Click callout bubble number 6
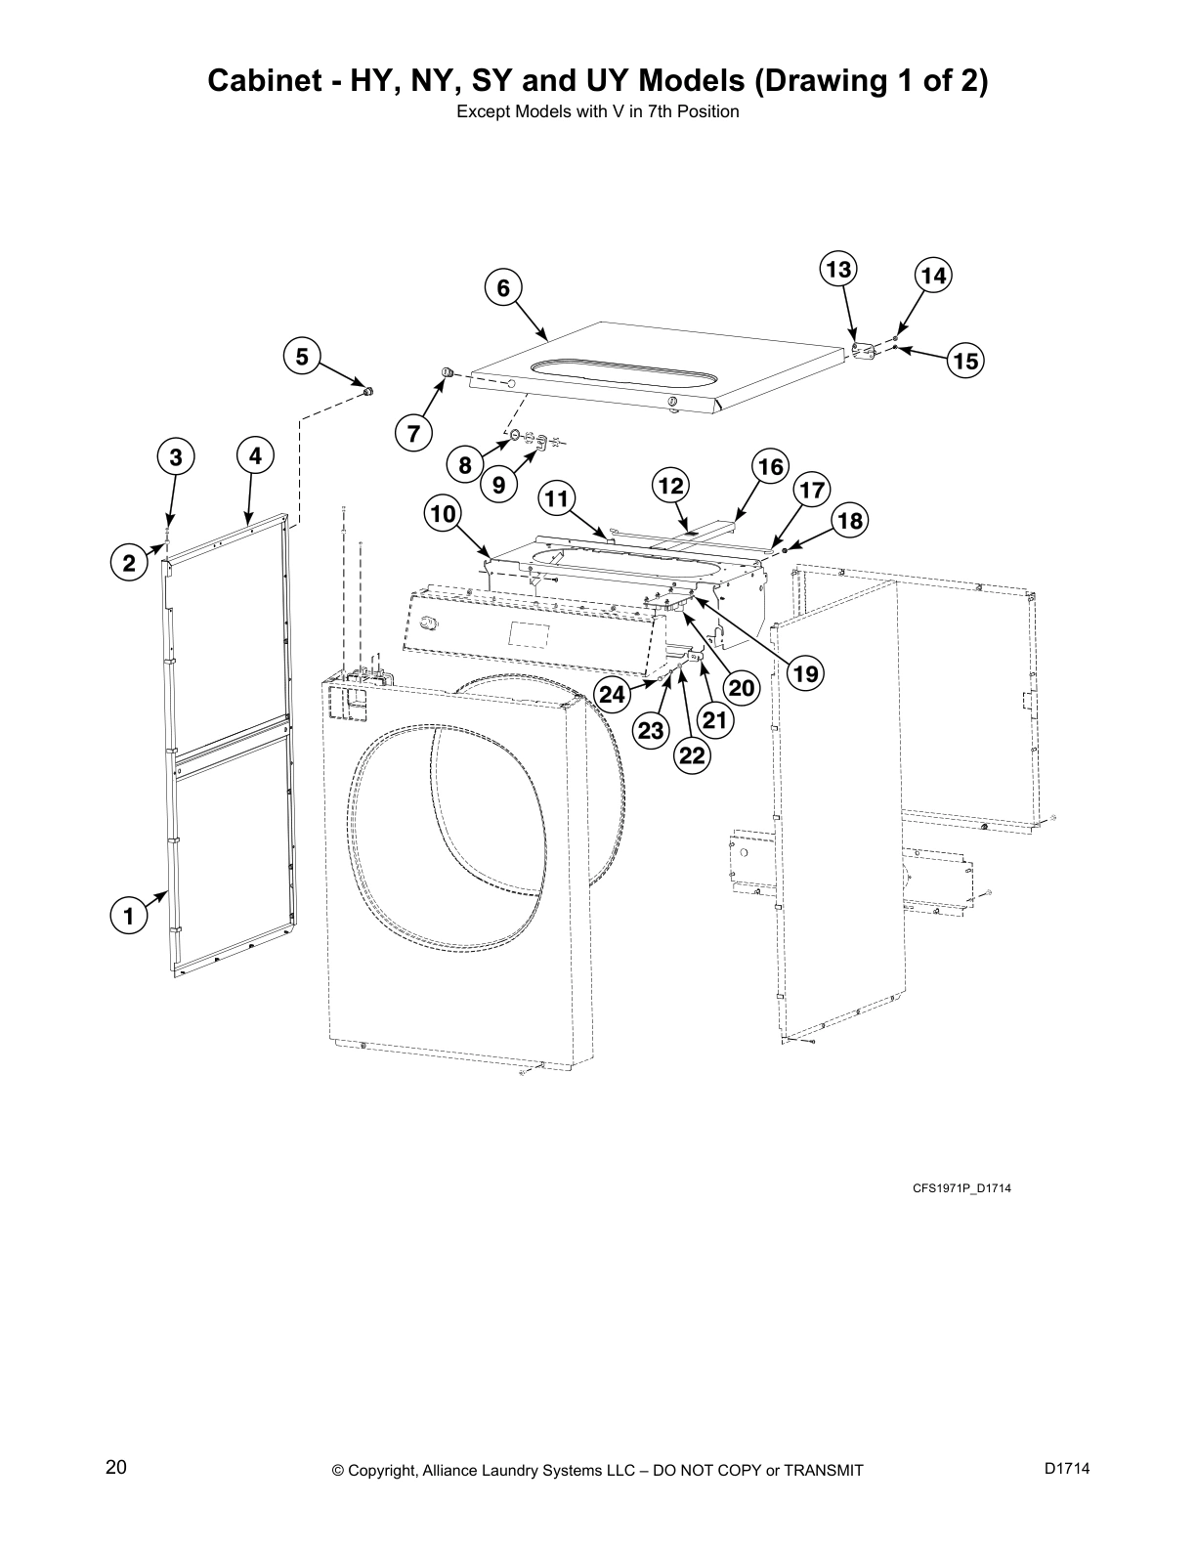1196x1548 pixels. pyautogui.click(x=503, y=287)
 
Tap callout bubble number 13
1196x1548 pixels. pyautogui.click(x=837, y=269)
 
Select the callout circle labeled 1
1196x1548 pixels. pyautogui.click(x=126, y=916)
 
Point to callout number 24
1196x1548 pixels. pyautogui.click(x=613, y=695)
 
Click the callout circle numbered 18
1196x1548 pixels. pyautogui.click(x=850, y=521)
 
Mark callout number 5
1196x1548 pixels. pyautogui.click(x=302, y=357)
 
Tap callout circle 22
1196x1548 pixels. pyautogui.click(x=692, y=755)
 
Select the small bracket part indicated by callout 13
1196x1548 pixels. pyautogui.click(x=860, y=350)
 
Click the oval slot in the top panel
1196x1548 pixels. pyautogui.click(x=622, y=368)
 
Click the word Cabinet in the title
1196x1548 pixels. pyautogui.click(x=269, y=80)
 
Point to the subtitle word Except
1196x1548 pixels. pyautogui.click(x=482, y=111)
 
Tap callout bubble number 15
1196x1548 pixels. pyautogui.click(x=965, y=361)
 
